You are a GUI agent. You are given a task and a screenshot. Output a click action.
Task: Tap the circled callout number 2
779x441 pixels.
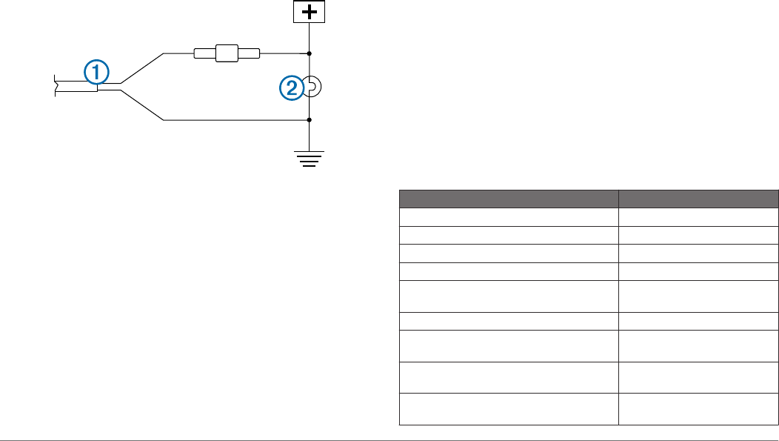[x=290, y=88]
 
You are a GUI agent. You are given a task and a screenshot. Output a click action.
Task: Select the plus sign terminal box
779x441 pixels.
[x=309, y=13]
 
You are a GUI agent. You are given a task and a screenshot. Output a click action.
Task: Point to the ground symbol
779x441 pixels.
[x=309, y=157]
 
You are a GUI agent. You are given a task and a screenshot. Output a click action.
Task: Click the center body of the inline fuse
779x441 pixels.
[x=226, y=53]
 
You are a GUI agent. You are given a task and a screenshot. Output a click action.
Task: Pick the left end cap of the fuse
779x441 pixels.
[x=204, y=53]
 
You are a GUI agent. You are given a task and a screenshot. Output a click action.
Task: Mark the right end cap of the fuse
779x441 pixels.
[x=249, y=53]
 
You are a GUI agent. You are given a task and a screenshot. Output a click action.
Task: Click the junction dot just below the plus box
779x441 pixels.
[x=309, y=53]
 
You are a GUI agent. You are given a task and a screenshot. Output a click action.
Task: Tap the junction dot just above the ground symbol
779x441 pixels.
[x=309, y=119]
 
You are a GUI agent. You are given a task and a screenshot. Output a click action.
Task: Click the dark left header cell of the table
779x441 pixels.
[x=509, y=199]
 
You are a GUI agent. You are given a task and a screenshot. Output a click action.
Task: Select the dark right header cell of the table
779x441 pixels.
[x=699, y=199]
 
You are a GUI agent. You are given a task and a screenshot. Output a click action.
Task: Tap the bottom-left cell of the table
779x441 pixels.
[x=509, y=408]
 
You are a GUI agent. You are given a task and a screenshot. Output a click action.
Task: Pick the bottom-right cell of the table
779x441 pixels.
[x=699, y=408]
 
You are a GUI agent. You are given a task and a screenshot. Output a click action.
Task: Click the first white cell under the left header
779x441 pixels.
[x=509, y=216]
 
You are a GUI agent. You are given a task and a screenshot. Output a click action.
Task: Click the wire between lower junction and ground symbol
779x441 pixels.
[x=309, y=135]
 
